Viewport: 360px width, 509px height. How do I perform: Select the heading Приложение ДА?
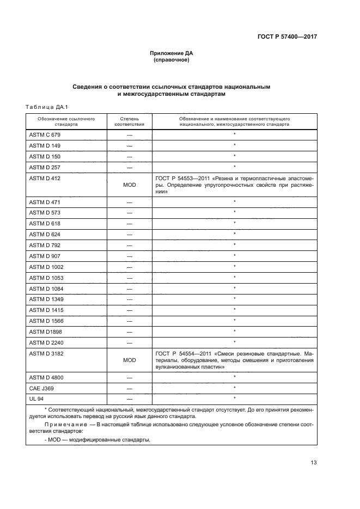pos(172,53)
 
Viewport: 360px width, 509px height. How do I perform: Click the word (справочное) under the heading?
pos(172,60)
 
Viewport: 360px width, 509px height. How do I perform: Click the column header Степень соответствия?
pos(130,121)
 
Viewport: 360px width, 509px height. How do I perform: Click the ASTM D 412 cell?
pos(44,178)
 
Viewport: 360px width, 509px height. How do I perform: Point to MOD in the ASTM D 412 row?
pos(130,185)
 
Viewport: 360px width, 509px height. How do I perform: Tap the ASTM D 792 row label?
pos(44,245)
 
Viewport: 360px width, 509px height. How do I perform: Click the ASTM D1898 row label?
pos(45,332)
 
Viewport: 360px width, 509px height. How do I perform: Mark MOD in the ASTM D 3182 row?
pos(130,360)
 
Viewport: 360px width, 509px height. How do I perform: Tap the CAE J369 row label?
pos(41,388)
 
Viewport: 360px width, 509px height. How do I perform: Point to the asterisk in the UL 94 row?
pos(234,398)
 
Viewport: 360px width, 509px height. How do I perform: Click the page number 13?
pos(313,463)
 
